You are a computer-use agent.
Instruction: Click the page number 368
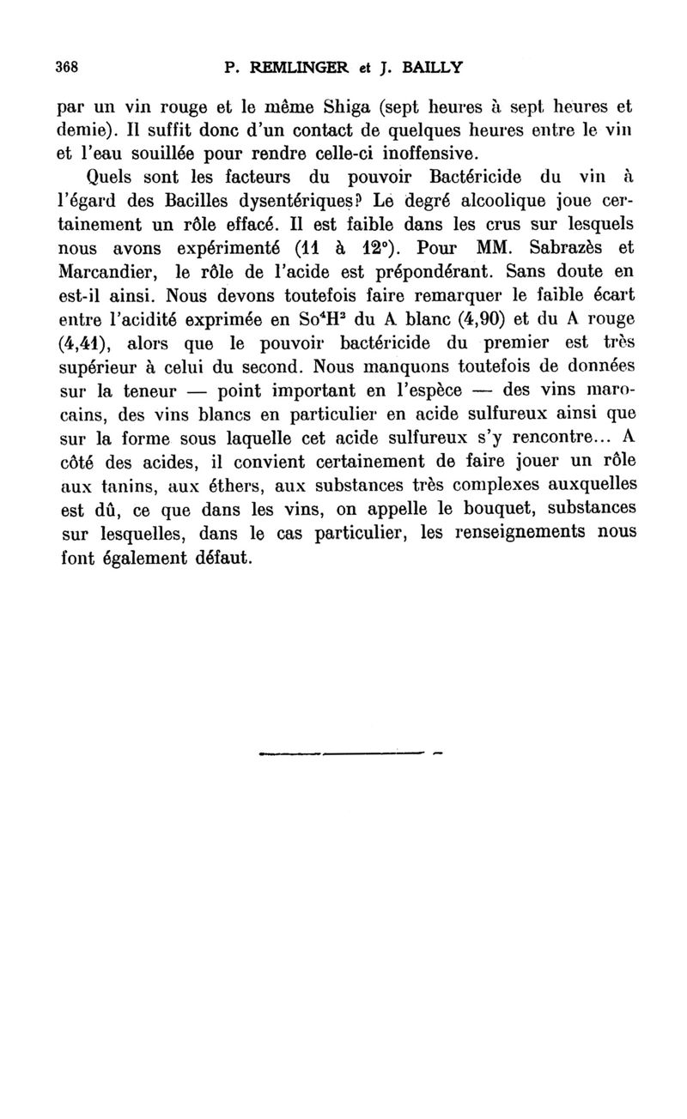click(x=67, y=67)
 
